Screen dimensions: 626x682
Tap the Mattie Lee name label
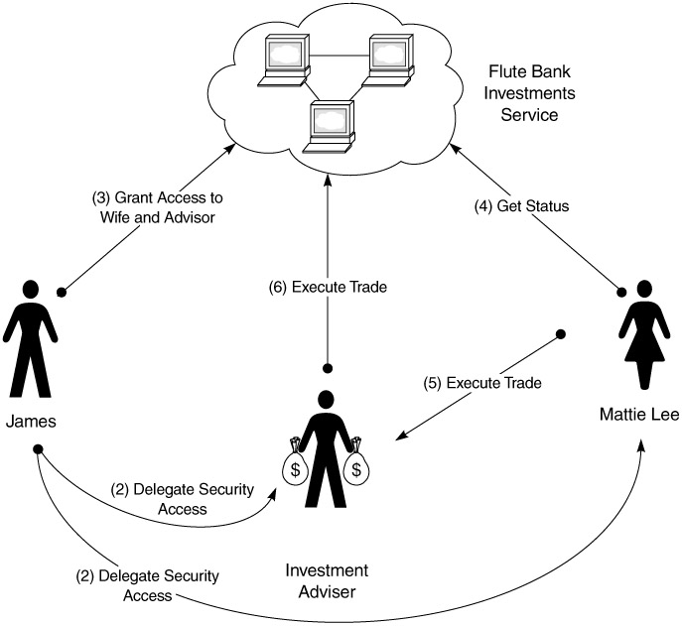coord(640,414)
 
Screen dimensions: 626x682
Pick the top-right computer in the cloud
coord(390,59)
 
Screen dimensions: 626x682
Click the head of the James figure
coord(31,290)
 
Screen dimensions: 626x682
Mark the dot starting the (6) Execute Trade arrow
coord(328,368)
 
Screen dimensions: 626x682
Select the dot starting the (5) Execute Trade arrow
coord(561,333)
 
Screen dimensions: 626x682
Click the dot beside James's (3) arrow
coord(62,292)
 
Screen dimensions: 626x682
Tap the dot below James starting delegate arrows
coord(38,451)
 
